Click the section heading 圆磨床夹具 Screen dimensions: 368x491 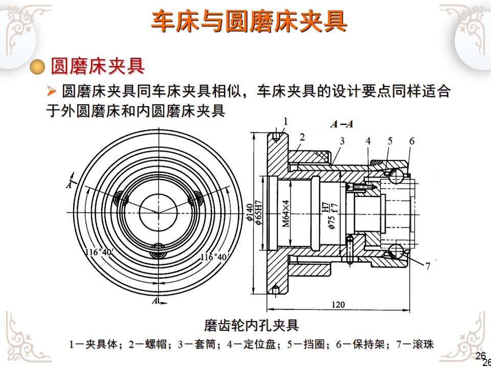[97, 66]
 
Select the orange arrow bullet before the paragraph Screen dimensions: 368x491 [51, 91]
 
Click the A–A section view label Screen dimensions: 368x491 [342, 124]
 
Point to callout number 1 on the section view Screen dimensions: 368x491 [286, 121]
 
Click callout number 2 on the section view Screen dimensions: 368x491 [302, 136]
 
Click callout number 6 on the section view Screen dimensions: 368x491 [411, 141]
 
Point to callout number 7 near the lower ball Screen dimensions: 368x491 [428, 266]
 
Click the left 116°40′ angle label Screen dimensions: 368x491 [98, 251]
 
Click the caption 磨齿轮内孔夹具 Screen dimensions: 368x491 [251, 325]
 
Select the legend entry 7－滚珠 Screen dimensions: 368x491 [416, 344]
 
